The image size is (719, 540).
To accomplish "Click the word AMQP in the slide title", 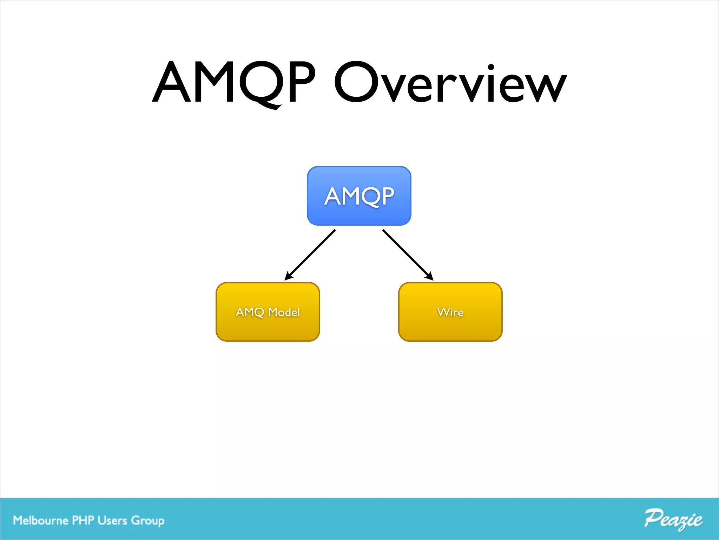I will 233,83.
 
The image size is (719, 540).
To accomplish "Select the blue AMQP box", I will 359,196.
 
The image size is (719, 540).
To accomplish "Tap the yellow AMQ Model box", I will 268,311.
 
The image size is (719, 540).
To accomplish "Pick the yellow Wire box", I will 450,311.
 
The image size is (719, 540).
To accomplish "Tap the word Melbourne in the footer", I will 40,520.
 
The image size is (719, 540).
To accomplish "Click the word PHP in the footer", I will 83,520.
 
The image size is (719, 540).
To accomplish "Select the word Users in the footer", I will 112,520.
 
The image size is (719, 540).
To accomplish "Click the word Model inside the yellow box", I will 284,312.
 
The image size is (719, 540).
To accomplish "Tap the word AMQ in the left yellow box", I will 250,312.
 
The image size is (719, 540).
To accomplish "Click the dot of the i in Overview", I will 491,67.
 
